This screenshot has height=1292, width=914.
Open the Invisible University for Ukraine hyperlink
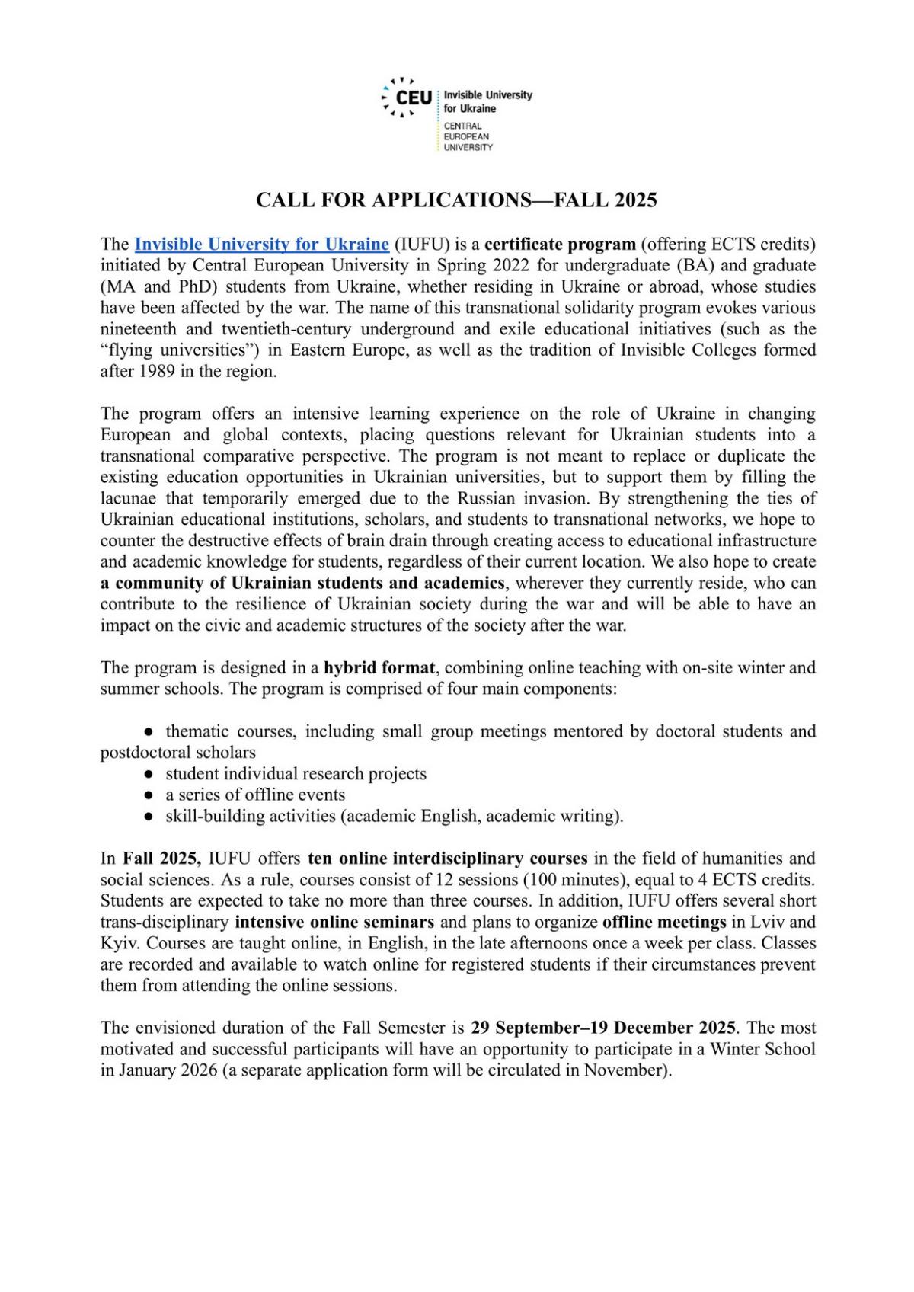[x=261, y=245]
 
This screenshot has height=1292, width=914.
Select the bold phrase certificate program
[x=560, y=245]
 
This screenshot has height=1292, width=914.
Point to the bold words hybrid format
[x=379, y=668]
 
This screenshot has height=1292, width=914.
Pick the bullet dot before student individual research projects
[x=149, y=774]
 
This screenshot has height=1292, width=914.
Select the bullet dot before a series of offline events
[x=149, y=795]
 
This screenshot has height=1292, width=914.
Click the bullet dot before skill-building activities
[x=149, y=817]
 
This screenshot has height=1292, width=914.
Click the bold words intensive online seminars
[x=334, y=923]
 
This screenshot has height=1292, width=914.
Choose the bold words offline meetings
[x=664, y=923]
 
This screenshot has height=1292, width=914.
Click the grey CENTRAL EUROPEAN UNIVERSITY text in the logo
[x=468, y=136]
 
